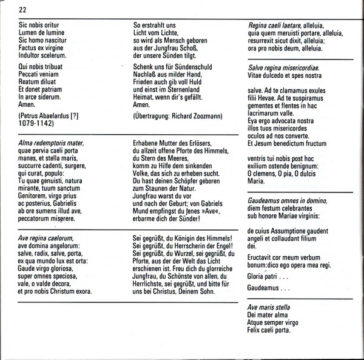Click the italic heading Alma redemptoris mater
coord(50,142)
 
